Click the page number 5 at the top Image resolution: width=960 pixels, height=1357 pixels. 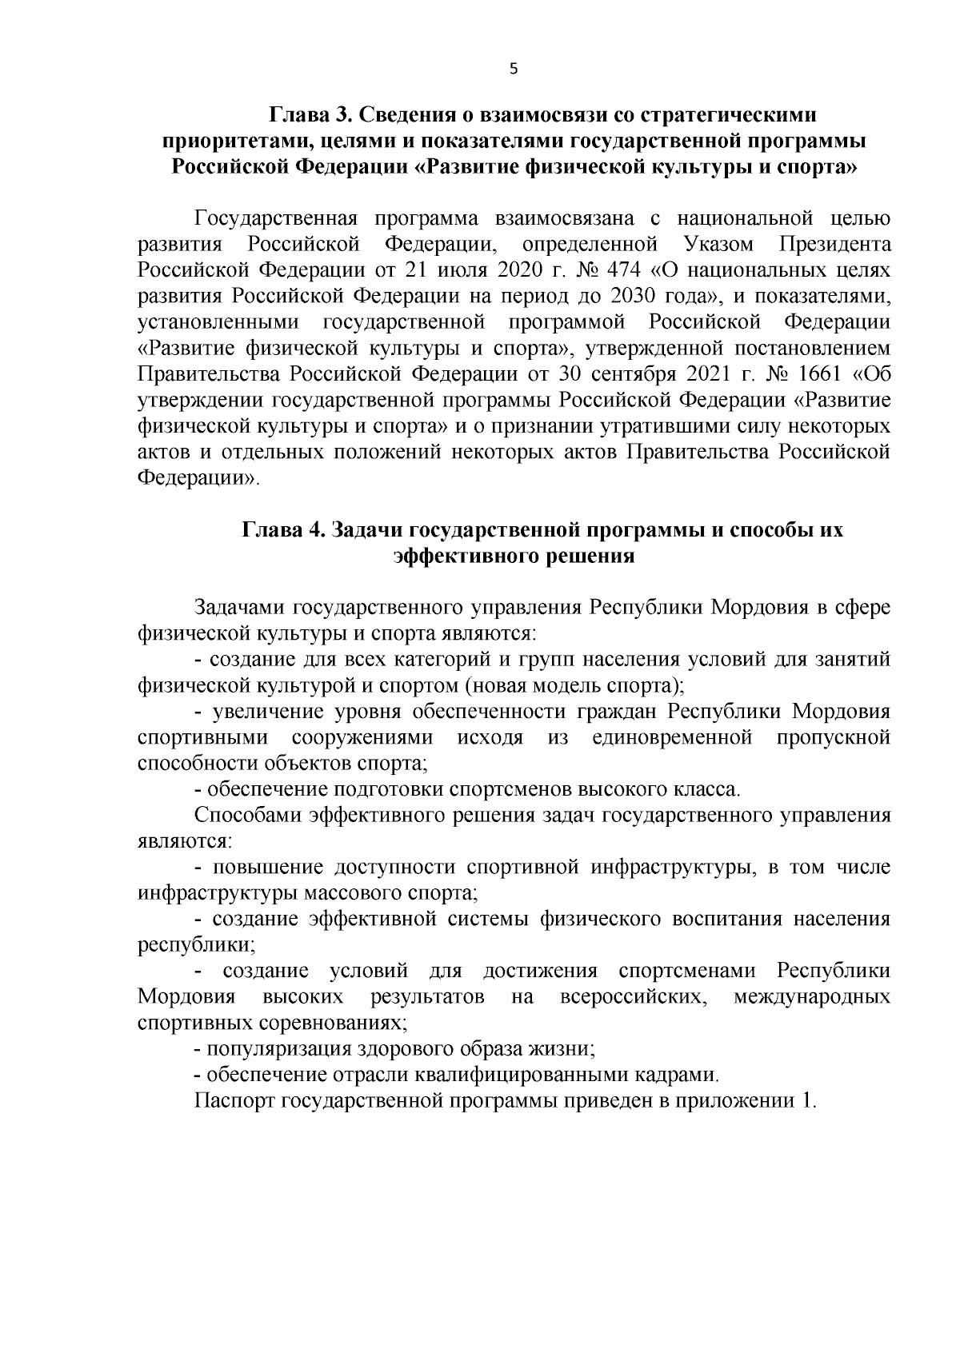513,70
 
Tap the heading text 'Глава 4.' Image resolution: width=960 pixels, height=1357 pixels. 283,530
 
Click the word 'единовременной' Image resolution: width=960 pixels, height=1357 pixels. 672,737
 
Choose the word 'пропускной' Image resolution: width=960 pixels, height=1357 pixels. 833,737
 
